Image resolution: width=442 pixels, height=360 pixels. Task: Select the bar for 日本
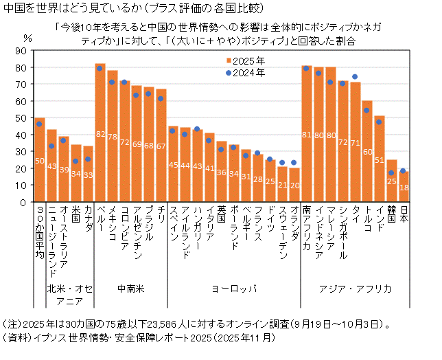point(404,186)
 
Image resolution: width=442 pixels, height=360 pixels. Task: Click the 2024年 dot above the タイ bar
point(355,77)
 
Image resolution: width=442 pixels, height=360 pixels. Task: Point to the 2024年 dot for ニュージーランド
point(51,146)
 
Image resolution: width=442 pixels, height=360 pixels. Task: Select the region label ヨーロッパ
point(233,289)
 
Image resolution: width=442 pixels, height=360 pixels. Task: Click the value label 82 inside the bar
point(100,133)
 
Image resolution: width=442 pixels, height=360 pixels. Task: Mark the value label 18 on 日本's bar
point(404,187)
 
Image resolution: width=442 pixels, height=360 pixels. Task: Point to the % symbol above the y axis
point(27,38)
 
